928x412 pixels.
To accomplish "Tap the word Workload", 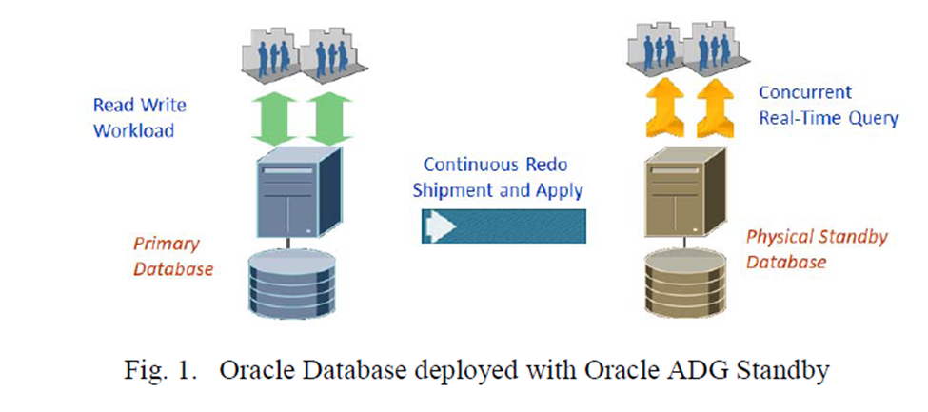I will [133, 131].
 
